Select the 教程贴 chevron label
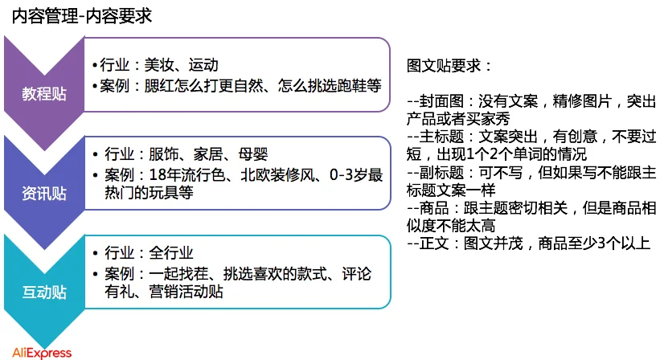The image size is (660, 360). (x=45, y=94)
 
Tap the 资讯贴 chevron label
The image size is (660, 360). (x=45, y=194)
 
